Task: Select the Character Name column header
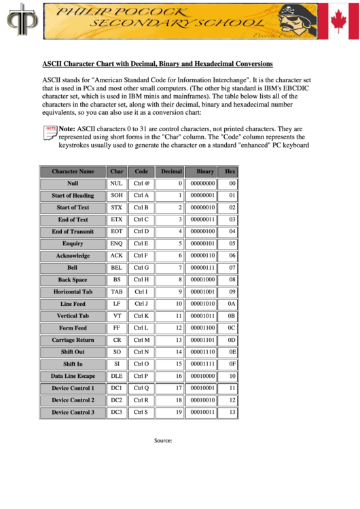click(73, 172)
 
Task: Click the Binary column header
click(204, 172)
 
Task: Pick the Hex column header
click(230, 172)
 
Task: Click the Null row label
click(73, 184)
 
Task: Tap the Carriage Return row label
click(73, 340)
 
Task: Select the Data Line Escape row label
click(73, 376)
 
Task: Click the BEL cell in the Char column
click(117, 268)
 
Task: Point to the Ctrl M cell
click(141, 340)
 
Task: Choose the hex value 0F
click(232, 364)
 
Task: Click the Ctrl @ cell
click(141, 184)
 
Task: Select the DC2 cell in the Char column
click(117, 400)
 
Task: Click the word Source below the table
click(163, 440)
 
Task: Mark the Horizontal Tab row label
click(73, 292)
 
